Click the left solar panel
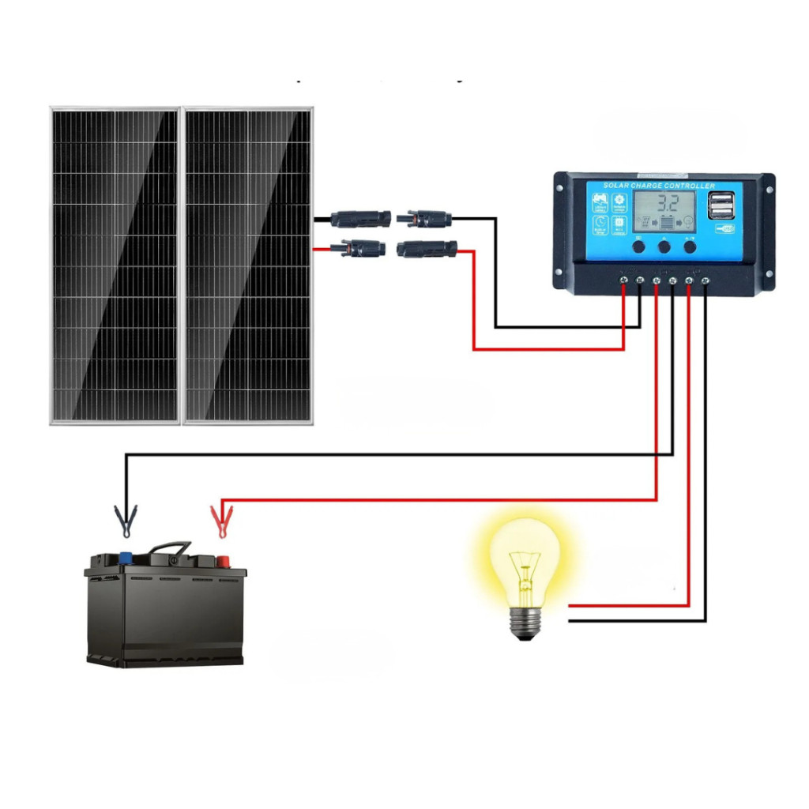coord(115,265)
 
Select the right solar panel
coord(248,265)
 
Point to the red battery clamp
coord(218,520)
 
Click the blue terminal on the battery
coord(124,556)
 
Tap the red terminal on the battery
coord(223,561)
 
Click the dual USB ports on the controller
coord(721,207)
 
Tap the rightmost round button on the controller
coord(690,246)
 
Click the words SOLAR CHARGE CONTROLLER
coord(659,186)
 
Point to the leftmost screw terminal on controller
coord(623,280)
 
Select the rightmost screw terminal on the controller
coord(706,280)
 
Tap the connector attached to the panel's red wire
coord(359,249)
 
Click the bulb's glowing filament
coord(521,566)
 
